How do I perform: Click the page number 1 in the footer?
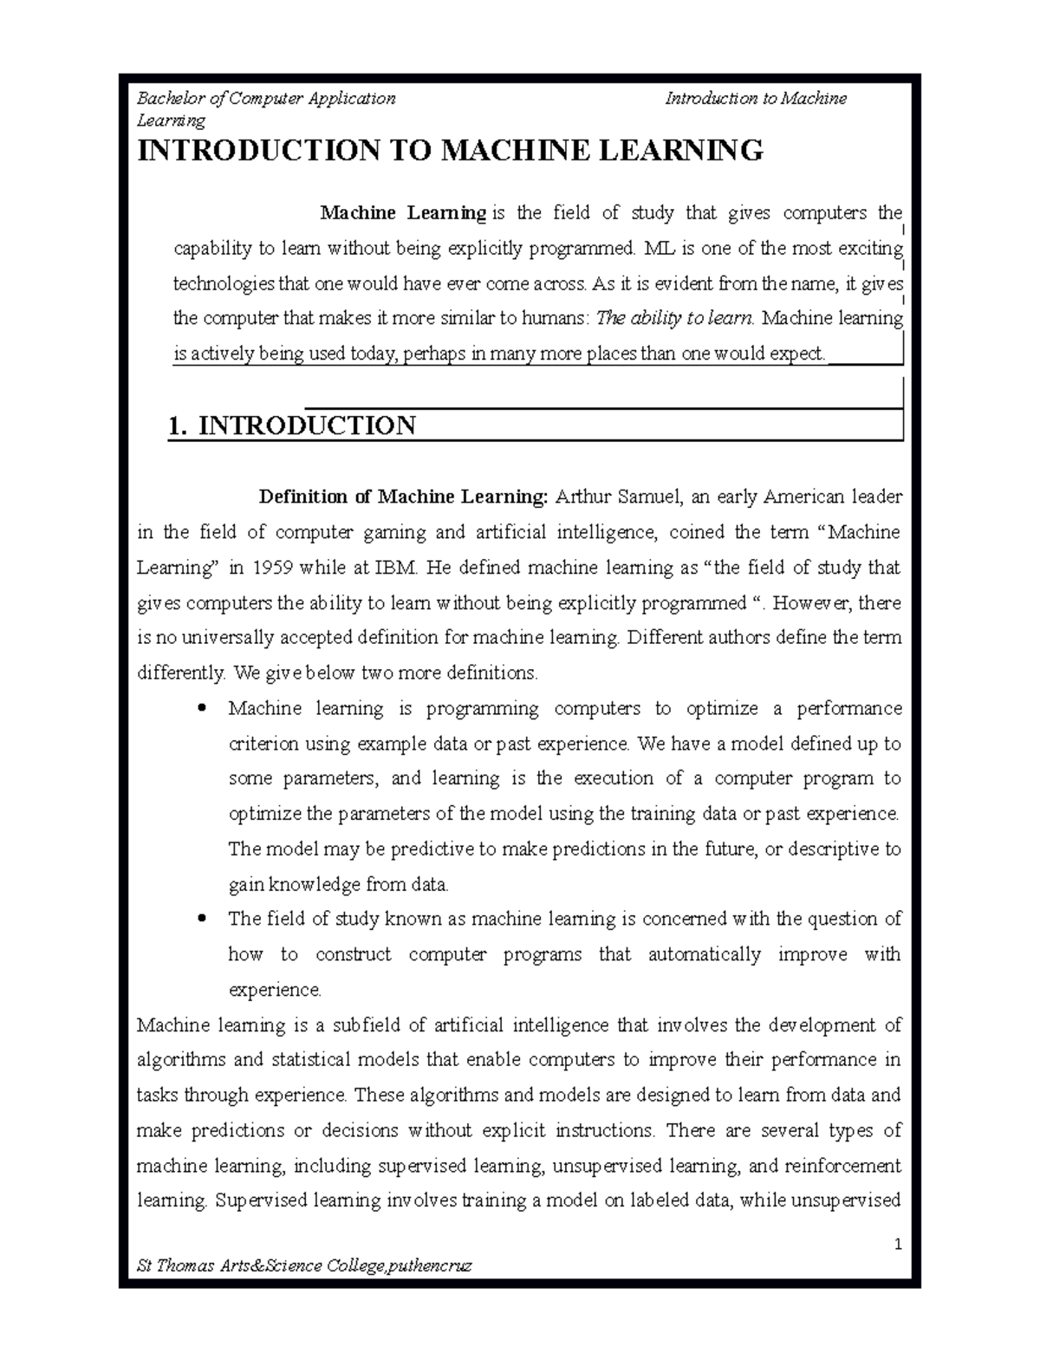click(898, 1245)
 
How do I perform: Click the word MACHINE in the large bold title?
click(504, 151)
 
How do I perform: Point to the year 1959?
click(273, 568)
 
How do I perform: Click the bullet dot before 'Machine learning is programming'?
click(202, 709)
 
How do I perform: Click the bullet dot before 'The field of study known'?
click(202, 919)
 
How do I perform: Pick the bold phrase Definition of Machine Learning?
click(404, 497)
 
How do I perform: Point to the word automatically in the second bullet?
click(704, 954)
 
